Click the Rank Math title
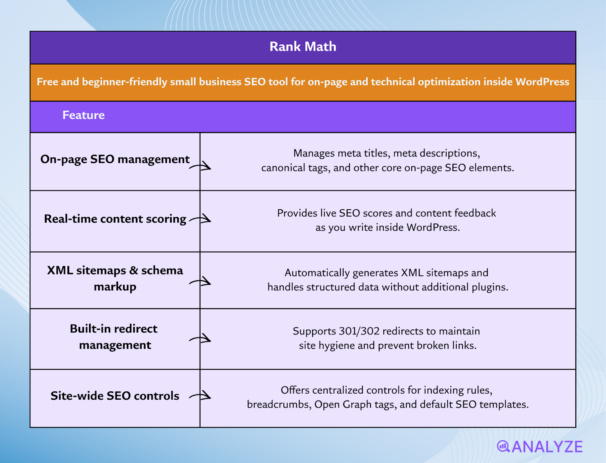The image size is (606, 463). click(x=303, y=47)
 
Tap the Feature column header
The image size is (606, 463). click(x=83, y=115)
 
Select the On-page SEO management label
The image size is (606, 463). click(x=115, y=159)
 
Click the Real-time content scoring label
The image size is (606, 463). click(x=115, y=219)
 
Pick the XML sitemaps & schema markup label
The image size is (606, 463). click(x=115, y=278)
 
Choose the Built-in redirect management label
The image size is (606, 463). click(x=114, y=337)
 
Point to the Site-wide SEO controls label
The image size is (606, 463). click(x=115, y=396)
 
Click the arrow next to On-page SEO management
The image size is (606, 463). click(x=200, y=166)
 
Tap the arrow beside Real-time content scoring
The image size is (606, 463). click(x=200, y=219)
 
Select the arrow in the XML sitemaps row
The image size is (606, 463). click(x=200, y=282)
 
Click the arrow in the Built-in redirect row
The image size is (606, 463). click(x=200, y=339)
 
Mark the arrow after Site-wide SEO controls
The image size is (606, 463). click(x=200, y=396)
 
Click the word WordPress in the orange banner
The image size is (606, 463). click(x=542, y=82)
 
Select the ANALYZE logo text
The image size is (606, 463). click(x=547, y=447)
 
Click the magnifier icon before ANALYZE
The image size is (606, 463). click(x=503, y=446)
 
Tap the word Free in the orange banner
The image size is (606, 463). click(x=47, y=82)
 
